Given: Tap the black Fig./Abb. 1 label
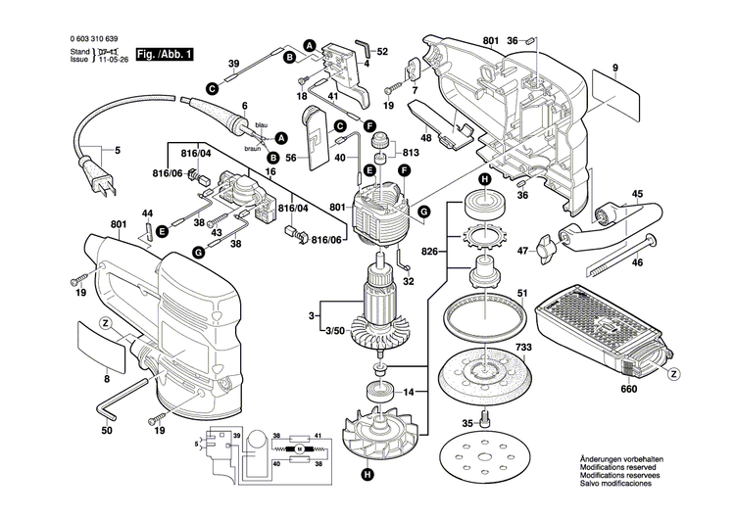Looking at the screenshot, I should click(x=163, y=55).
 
